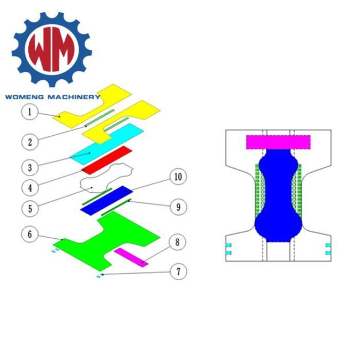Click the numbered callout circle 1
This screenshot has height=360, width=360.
[29, 112]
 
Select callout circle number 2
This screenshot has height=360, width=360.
[30, 141]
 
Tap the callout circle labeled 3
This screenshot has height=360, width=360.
[30, 166]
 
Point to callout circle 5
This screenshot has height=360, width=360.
[30, 209]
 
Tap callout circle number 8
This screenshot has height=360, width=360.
[178, 242]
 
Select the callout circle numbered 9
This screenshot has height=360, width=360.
[178, 207]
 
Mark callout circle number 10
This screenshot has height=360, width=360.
[178, 177]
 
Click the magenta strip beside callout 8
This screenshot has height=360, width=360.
[131, 257]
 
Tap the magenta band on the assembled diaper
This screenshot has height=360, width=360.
[277, 142]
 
